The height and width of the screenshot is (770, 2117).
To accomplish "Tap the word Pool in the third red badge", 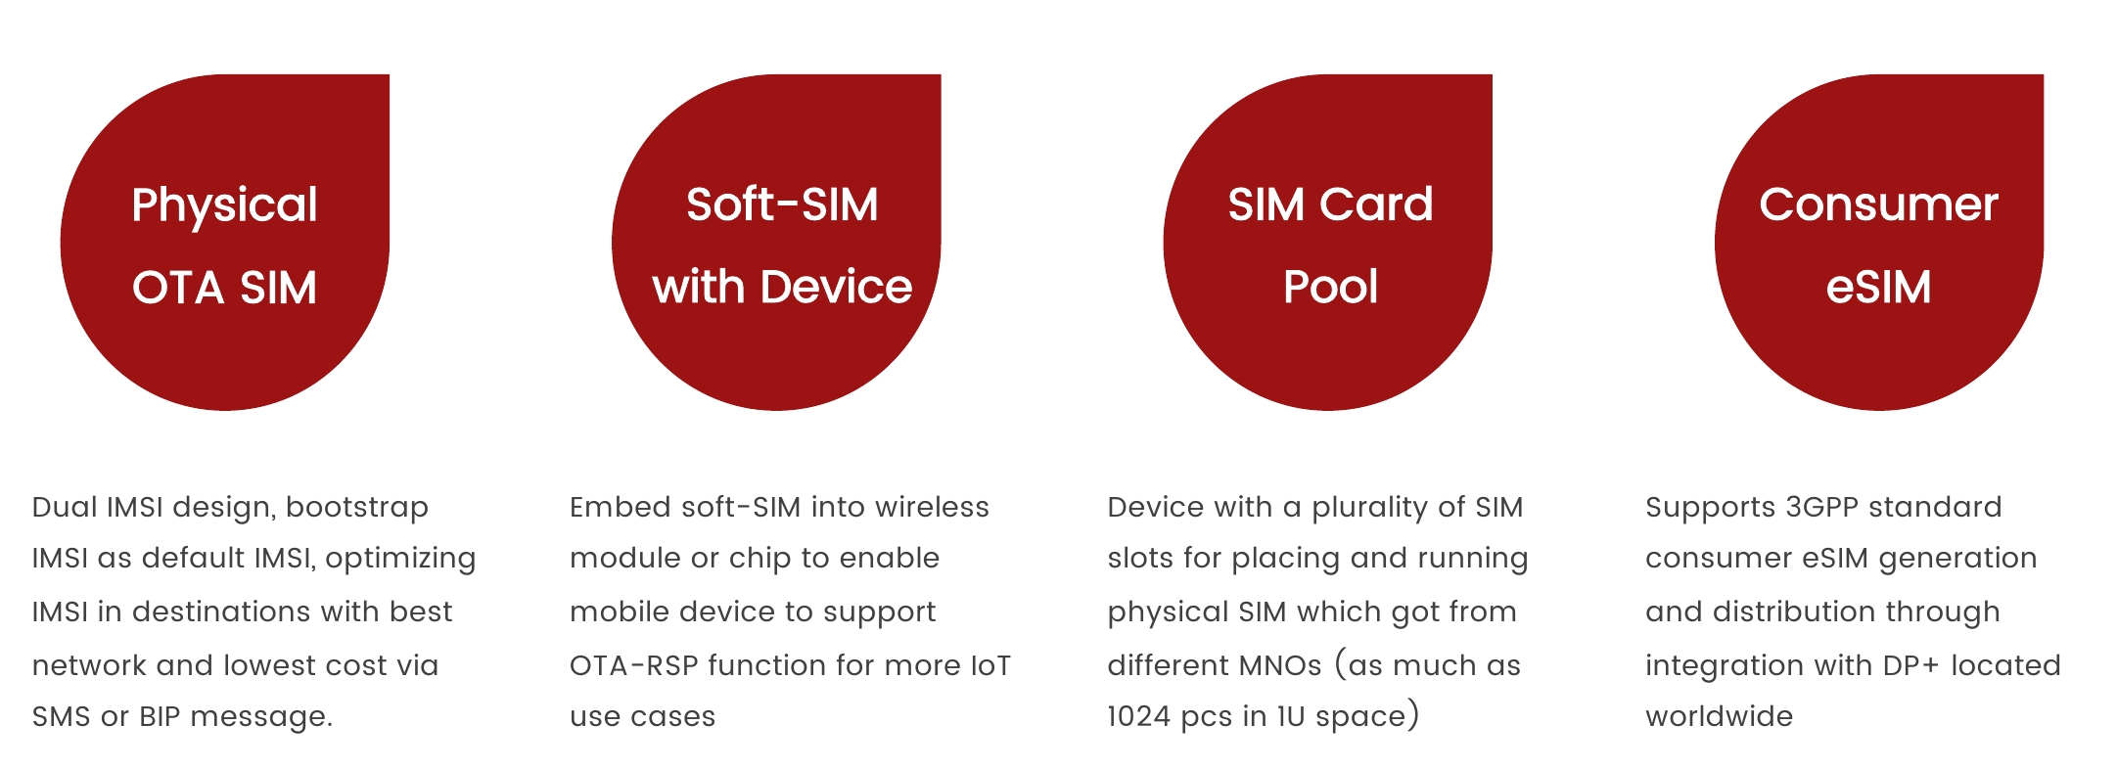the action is coord(1330,288).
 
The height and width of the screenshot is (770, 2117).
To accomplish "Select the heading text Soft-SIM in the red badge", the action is coord(782,205).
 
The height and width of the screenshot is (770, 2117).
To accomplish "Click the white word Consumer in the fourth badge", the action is coord(1878,205).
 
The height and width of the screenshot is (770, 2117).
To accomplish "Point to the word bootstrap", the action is coord(356,508).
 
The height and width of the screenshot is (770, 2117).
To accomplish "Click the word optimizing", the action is coord(400,559).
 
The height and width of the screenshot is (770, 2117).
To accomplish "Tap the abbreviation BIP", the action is coord(160,716).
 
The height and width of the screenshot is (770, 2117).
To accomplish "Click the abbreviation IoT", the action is coord(990,665).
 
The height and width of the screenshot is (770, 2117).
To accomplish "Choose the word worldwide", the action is coord(1720,716).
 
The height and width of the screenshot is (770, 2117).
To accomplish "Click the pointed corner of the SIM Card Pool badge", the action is coord(1491,75).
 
